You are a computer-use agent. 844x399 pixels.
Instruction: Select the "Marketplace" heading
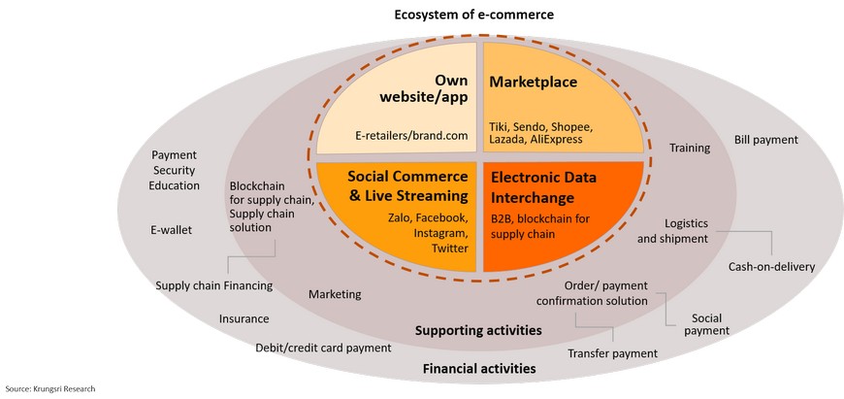tap(534, 83)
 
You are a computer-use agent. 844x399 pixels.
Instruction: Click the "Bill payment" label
tap(765, 140)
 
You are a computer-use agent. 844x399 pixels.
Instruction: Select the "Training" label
tap(690, 149)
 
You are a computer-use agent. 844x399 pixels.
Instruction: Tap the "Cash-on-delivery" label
tap(771, 267)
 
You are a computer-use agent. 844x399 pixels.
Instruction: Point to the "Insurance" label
tap(243, 318)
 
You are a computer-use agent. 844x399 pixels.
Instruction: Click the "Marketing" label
tap(335, 294)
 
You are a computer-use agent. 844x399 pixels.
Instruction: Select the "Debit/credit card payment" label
tap(323, 347)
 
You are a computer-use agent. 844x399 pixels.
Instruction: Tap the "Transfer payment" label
tap(612, 353)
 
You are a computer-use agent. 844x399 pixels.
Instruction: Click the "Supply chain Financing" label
tap(213, 285)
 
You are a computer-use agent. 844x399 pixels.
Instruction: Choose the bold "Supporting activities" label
tap(478, 330)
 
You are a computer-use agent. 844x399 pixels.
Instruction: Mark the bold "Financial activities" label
tap(479, 369)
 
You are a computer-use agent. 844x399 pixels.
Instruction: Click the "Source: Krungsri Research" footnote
tap(50, 389)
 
